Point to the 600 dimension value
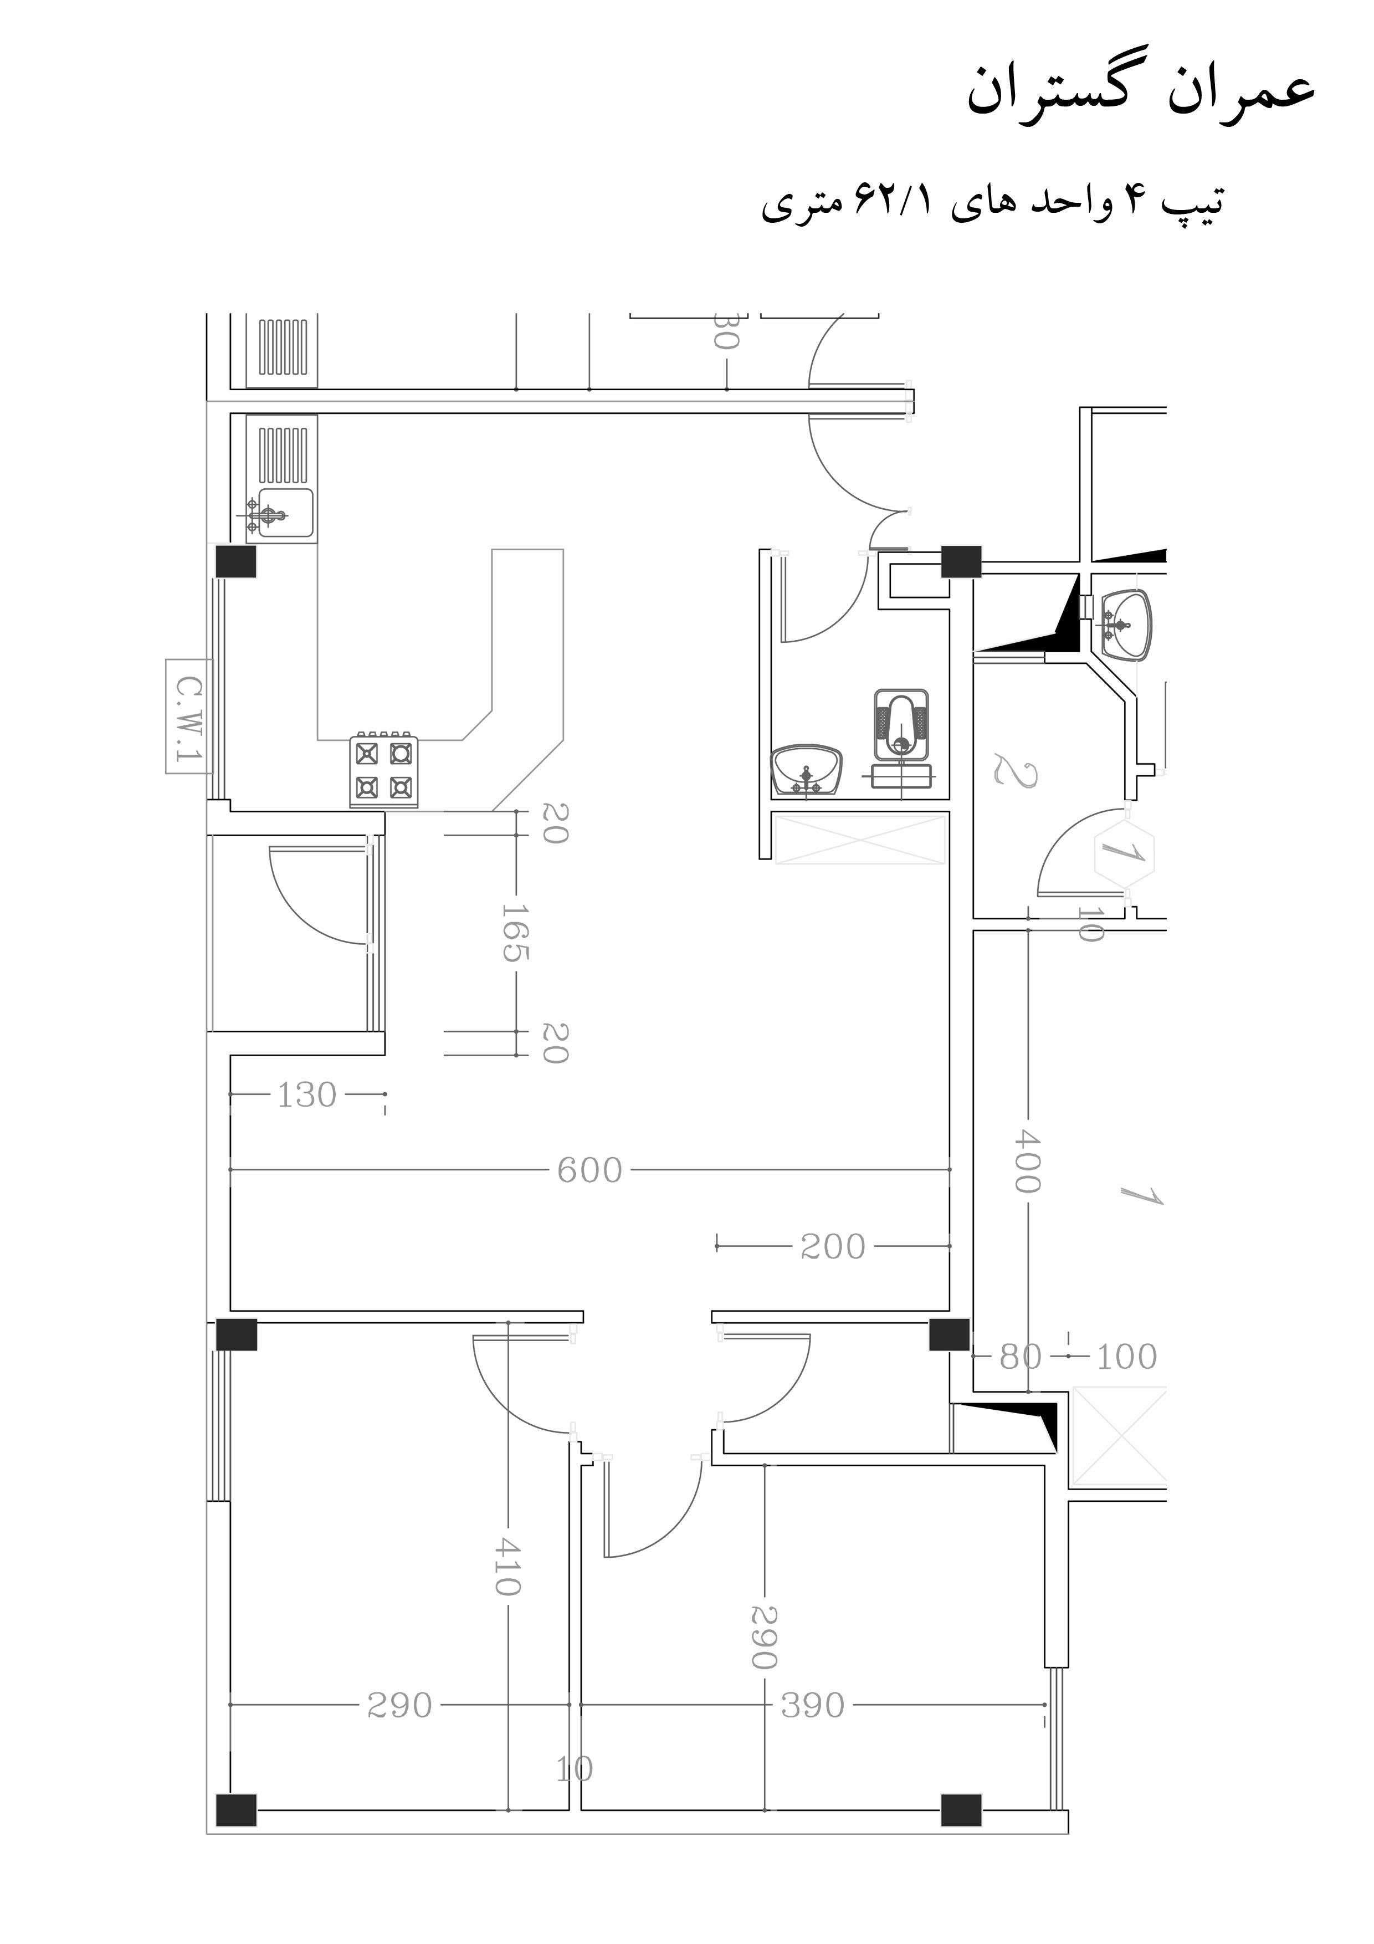(589, 1170)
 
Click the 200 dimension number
(833, 1246)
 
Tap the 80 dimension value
(1020, 1357)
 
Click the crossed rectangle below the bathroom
(860, 839)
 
